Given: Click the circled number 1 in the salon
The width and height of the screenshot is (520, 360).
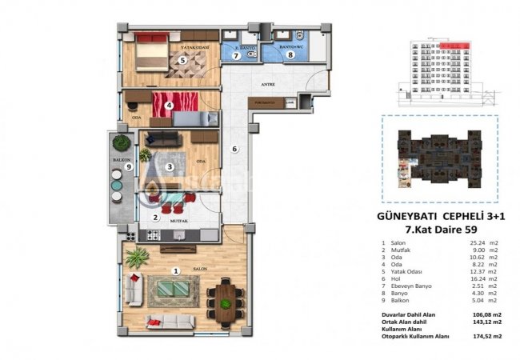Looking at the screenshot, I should point(176,270).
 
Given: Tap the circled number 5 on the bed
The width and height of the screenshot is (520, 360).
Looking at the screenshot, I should point(182,60).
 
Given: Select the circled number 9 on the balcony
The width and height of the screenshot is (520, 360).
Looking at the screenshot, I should point(117,167).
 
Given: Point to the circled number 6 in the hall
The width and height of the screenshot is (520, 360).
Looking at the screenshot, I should point(234,149).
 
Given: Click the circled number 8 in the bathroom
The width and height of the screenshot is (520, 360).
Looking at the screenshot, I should point(291,55).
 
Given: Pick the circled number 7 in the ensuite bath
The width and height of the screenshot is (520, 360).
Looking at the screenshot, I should point(236,55).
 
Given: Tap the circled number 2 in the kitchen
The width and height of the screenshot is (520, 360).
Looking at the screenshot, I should point(155,217).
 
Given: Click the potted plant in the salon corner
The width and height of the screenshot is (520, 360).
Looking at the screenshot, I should point(137,257).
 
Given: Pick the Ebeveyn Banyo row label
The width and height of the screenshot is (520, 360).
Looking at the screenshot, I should point(412,286).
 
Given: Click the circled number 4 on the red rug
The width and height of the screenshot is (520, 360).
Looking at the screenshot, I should point(169,104).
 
